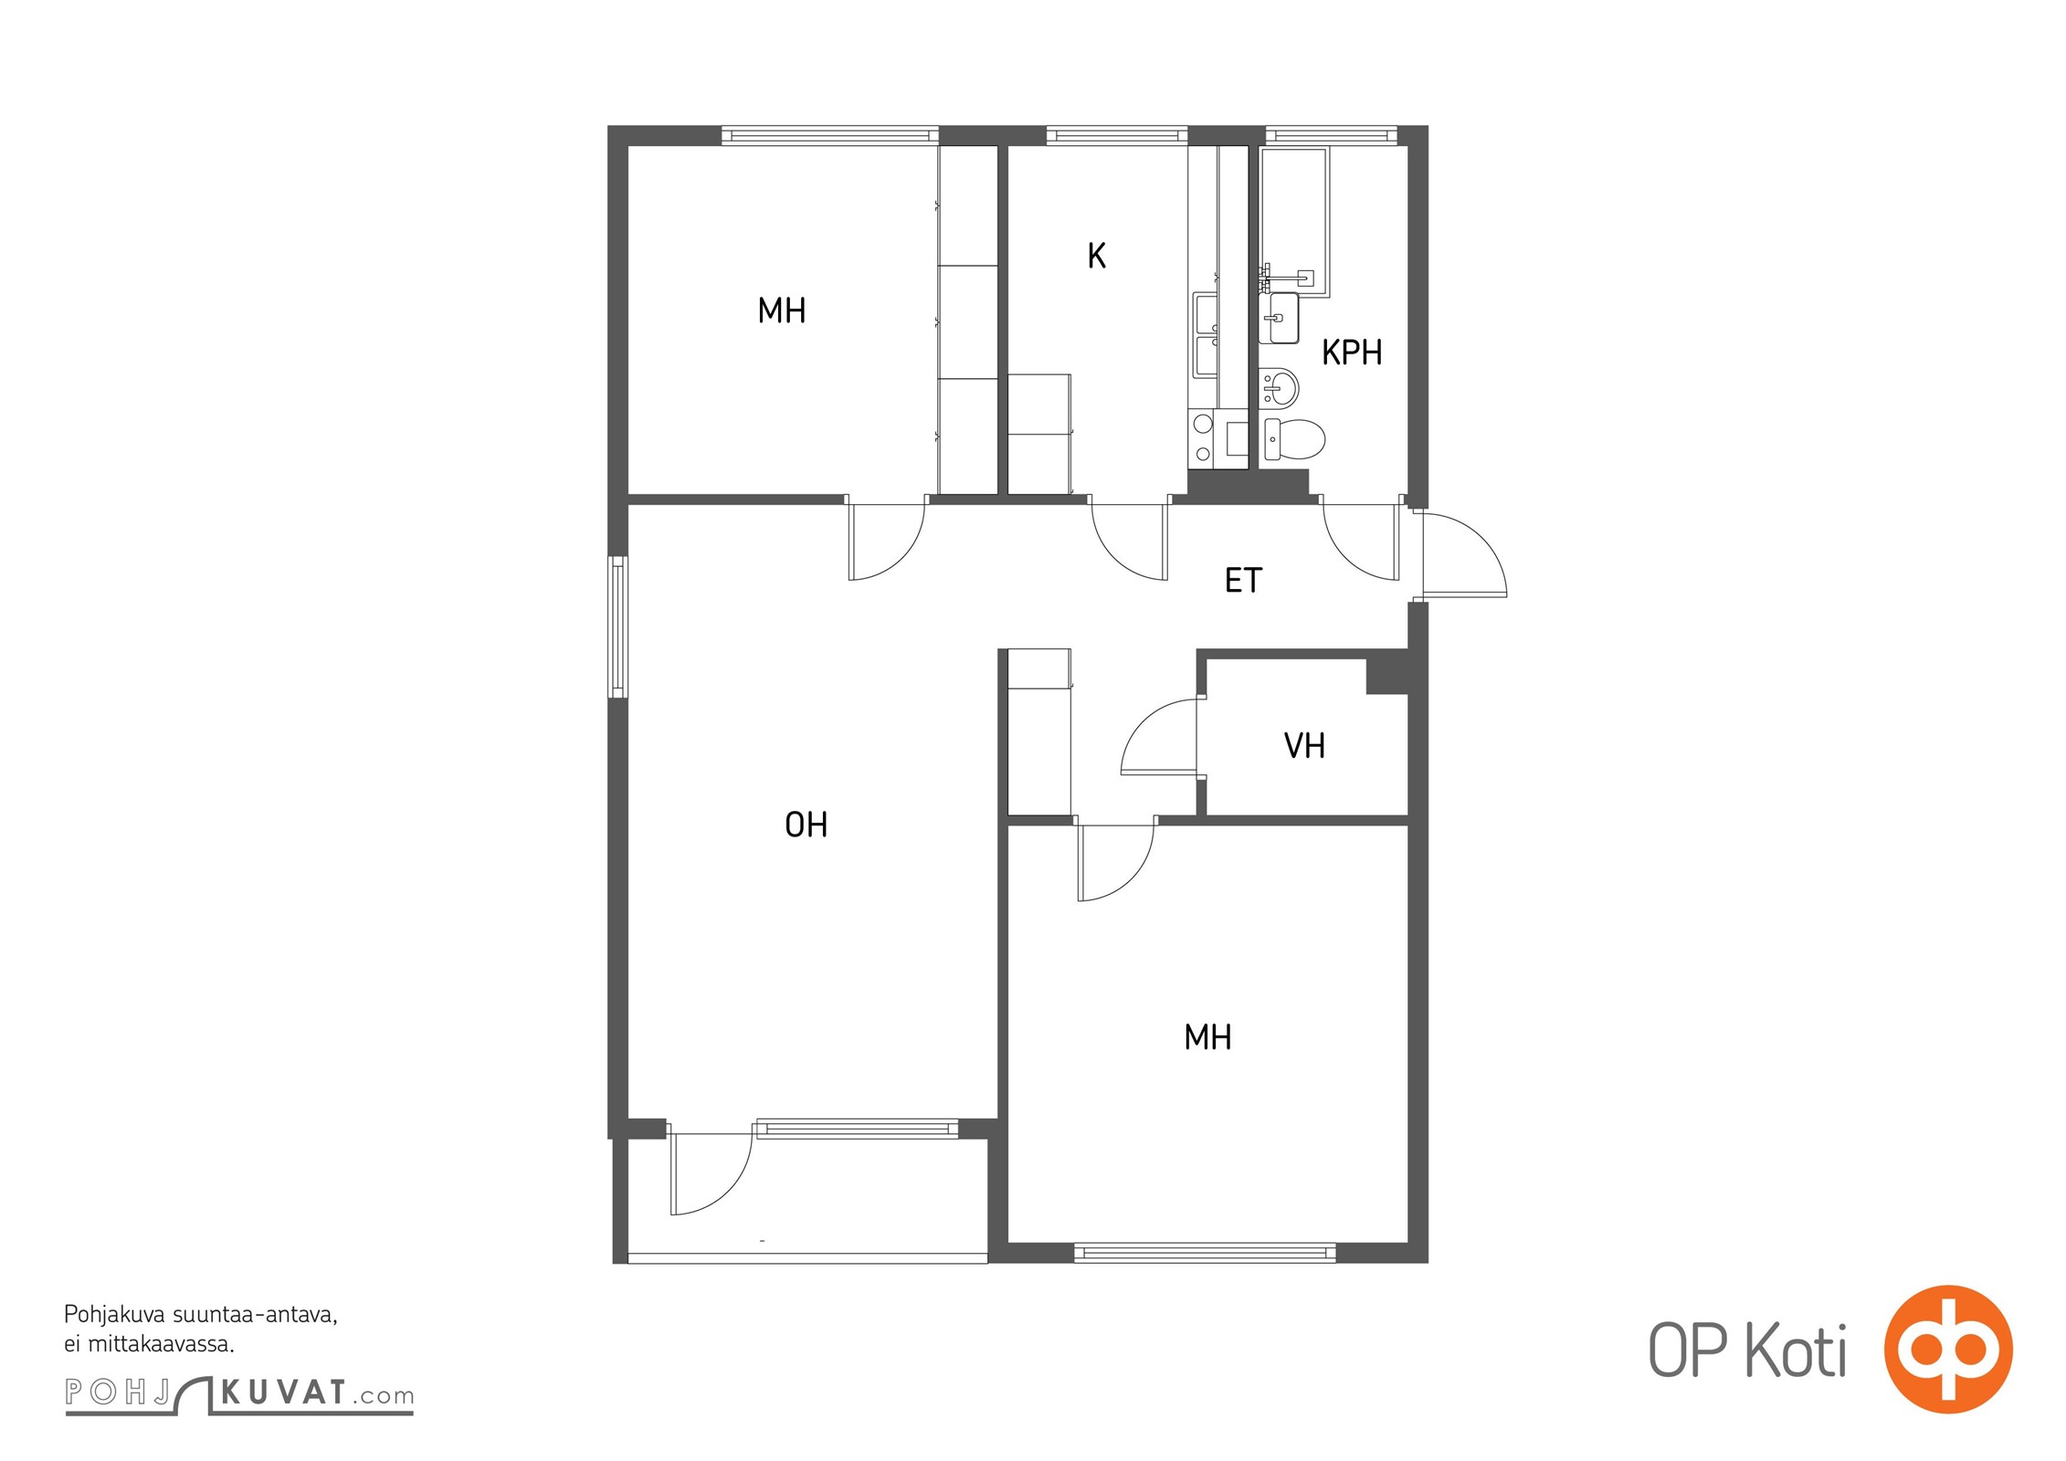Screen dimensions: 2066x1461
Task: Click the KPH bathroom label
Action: point(1352,352)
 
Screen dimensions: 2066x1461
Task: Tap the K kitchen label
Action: point(1097,256)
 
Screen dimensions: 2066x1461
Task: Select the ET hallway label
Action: point(1243,580)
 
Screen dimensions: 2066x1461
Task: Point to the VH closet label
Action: point(1304,746)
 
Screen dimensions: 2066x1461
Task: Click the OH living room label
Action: point(806,825)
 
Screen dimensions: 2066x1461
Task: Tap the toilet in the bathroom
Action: point(1293,439)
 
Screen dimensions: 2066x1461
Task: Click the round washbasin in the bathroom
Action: point(1279,387)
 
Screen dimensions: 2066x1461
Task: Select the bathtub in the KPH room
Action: point(1294,222)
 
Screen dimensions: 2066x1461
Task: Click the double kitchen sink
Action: point(1206,335)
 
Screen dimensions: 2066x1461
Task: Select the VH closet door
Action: point(1159,736)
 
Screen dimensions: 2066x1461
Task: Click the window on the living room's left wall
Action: point(618,626)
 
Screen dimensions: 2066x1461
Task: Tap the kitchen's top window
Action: point(1117,135)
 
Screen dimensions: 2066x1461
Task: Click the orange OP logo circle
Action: point(1948,1350)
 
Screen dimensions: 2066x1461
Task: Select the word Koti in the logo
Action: point(1797,1351)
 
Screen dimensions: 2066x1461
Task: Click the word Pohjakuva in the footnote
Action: point(113,1316)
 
